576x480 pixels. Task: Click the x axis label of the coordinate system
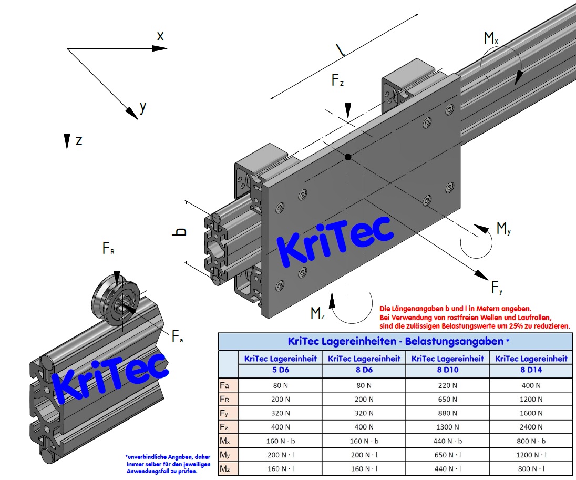[x=160, y=36]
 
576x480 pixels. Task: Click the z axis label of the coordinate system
[x=78, y=140]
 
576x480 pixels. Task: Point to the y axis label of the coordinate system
[x=142, y=107]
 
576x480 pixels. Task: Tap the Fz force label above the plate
[x=337, y=80]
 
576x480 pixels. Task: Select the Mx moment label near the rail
[x=491, y=38]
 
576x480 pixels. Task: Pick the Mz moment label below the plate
[x=317, y=314]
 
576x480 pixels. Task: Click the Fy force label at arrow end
[x=497, y=288]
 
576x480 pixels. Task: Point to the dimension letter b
[x=180, y=232]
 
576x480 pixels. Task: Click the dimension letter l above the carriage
[x=342, y=49]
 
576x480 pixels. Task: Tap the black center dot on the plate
[x=347, y=157]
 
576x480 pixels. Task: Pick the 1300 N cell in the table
[x=447, y=427]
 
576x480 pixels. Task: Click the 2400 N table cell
[x=530, y=427]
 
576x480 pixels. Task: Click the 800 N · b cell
[x=530, y=441]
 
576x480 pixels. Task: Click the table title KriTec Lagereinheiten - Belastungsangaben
[x=395, y=342]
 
